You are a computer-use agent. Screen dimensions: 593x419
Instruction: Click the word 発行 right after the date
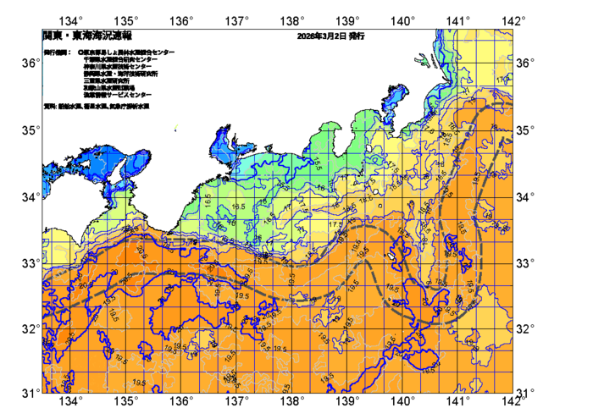click(x=356, y=37)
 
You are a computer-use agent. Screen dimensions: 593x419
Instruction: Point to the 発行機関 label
click(x=58, y=52)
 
